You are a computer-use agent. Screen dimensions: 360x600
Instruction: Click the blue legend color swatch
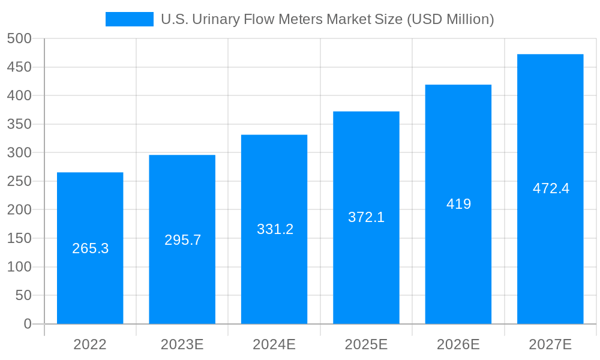pyautogui.click(x=129, y=19)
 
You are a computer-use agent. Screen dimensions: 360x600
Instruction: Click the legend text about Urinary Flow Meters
pyautogui.click(x=327, y=19)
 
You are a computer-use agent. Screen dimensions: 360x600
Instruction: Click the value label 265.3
pyautogui.click(x=90, y=248)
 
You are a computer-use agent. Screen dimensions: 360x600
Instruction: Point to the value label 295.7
pyautogui.click(x=182, y=240)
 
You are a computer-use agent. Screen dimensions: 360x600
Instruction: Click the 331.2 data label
pyautogui.click(x=275, y=229)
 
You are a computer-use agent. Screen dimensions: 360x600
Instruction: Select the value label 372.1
pyautogui.click(x=366, y=217)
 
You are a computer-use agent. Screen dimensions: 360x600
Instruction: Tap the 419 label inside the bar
pyautogui.click(x=458, y=204)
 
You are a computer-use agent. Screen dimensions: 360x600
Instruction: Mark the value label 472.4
pyautogui.click(x=551, y=188)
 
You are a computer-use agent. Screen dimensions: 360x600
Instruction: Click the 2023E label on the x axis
pyautogui.click(x=182, y=344)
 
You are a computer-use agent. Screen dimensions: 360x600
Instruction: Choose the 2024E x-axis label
pyautogui.click(x=274, y=344)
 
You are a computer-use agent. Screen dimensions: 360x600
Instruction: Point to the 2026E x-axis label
pyautogui.click(x=458, y=344)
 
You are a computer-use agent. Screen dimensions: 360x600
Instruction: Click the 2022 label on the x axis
pyautogui.click(x=90, y=344)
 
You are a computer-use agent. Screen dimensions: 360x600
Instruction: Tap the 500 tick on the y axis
pyautogui.click(x=19, y=38)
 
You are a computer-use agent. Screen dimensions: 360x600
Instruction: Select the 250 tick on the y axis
pyautogui.click(x=19, y=181)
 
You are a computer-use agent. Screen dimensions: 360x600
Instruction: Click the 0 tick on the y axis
pyautogui.click(x=28, y=324)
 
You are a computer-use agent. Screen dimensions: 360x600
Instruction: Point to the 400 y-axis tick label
pyautogui.click(x=19, y=95)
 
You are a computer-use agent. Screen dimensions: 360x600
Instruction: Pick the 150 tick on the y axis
pyautogui.click(x=19, y=238)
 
